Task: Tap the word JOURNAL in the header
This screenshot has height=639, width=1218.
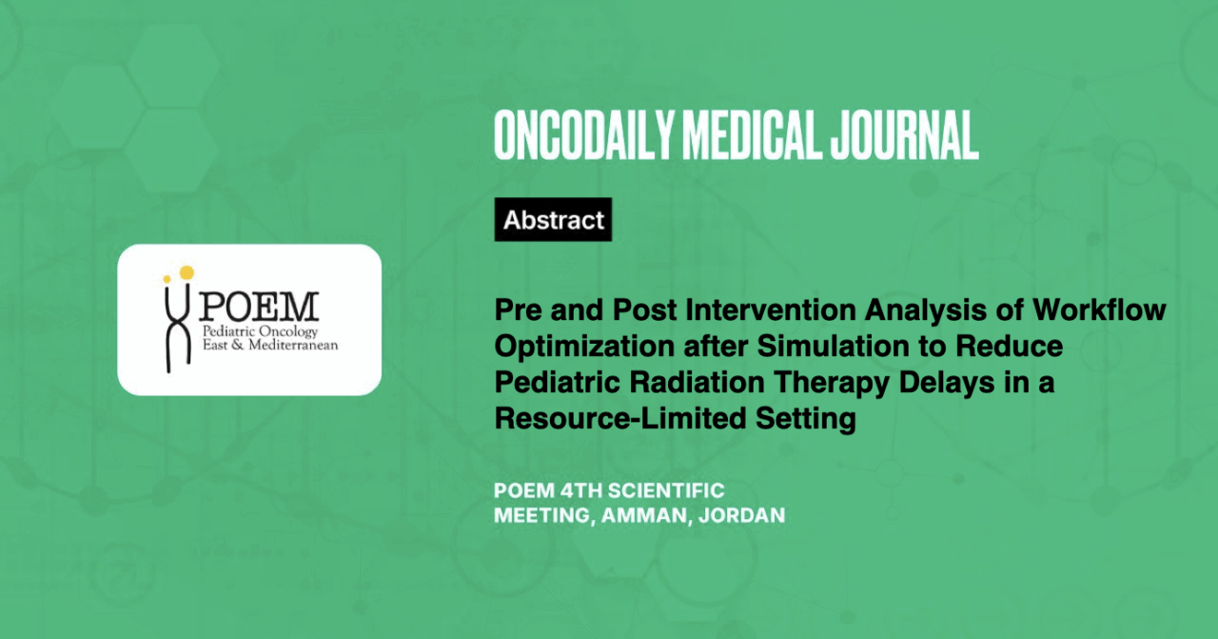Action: pos(904,135)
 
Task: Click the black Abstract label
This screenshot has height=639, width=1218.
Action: pos(553,219)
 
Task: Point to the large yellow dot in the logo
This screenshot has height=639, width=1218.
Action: pos(187,272)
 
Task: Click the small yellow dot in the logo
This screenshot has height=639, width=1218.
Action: pos(167,279)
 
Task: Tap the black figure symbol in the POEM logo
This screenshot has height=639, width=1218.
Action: pos(178,328)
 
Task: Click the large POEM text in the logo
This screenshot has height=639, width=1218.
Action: pos(259,307)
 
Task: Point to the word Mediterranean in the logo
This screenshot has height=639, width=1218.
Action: pos(293,345)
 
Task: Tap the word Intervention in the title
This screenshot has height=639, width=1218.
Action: pos(771,310)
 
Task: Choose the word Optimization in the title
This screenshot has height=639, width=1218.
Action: pos(584,348)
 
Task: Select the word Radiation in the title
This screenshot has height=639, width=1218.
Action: pos(697,382)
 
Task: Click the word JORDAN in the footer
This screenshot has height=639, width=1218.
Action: pos(741,515)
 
